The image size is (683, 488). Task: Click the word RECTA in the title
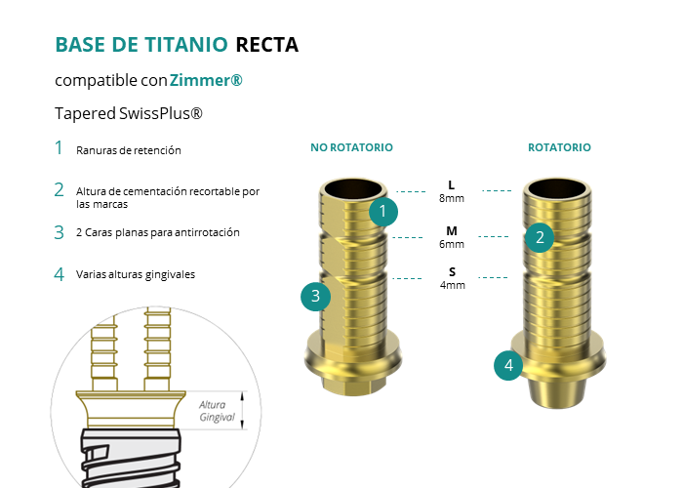(x=267, y=45)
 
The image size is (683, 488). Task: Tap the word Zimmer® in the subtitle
(x=206, y=80)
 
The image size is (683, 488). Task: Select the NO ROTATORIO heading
(x=351, y=147)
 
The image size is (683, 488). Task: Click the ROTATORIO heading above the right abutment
(x=559, y=147)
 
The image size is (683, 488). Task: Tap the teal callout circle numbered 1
(x=383, y=212)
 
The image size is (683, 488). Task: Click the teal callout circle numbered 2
(x=540, y=238)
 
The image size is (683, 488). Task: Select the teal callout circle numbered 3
(x=316, y=297)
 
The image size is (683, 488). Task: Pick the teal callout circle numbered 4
(x=508, y=366)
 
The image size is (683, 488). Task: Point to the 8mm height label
(x=452, y=198)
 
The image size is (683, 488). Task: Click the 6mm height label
(x=452, y=244)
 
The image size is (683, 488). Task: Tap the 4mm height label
(x=452, y=285)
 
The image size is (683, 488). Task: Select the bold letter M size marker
(x=452, y=231)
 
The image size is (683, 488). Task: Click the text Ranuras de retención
(x=129, y=150)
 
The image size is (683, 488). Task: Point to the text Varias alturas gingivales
(x=136, y=274)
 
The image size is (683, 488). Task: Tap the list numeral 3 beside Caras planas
(x=60, y=232)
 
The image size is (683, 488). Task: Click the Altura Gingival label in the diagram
(x=217, y=411)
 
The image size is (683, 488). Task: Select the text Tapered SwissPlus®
(x=129, y=113)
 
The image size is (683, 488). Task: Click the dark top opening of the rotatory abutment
(x=557, y=189)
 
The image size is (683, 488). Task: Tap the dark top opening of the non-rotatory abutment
(x=353, y=189)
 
